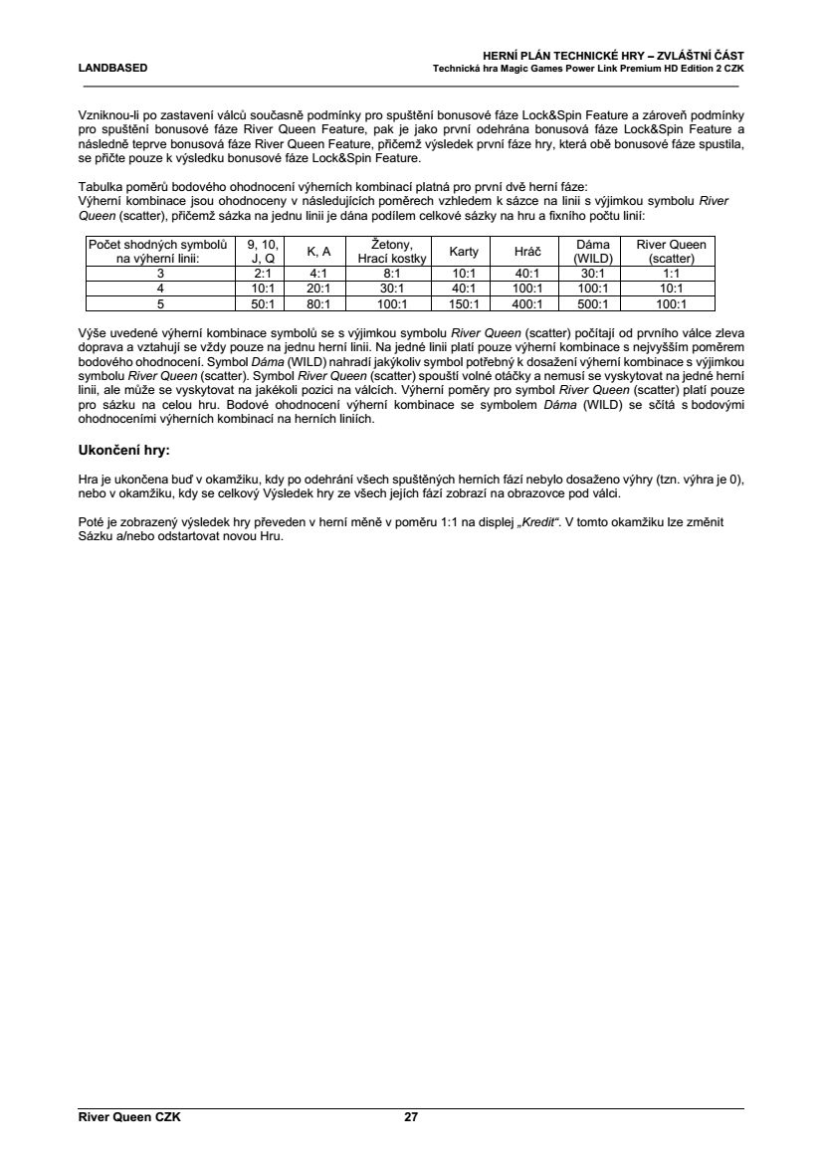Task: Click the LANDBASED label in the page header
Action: [x=113, y=68]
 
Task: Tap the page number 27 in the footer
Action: [x=411, y=1117]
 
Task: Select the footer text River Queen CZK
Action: [x=129, y=1117]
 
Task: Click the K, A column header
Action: [x=318, y=251]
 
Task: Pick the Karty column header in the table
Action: [x=464, y=251]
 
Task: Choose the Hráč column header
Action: [x=526, y=251]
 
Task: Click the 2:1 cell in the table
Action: [x=264, y=272]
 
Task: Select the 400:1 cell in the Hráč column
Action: [x=526, y=304]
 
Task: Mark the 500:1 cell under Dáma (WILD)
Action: [x=593, y=304]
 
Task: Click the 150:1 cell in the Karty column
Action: [x=464, y=304]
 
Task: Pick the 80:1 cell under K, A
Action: [x=318, y=304]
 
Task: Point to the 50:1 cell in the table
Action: [x=264, y=304]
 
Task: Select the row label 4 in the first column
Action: [x=159, y=289]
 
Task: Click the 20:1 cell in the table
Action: [x=318, y=289]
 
